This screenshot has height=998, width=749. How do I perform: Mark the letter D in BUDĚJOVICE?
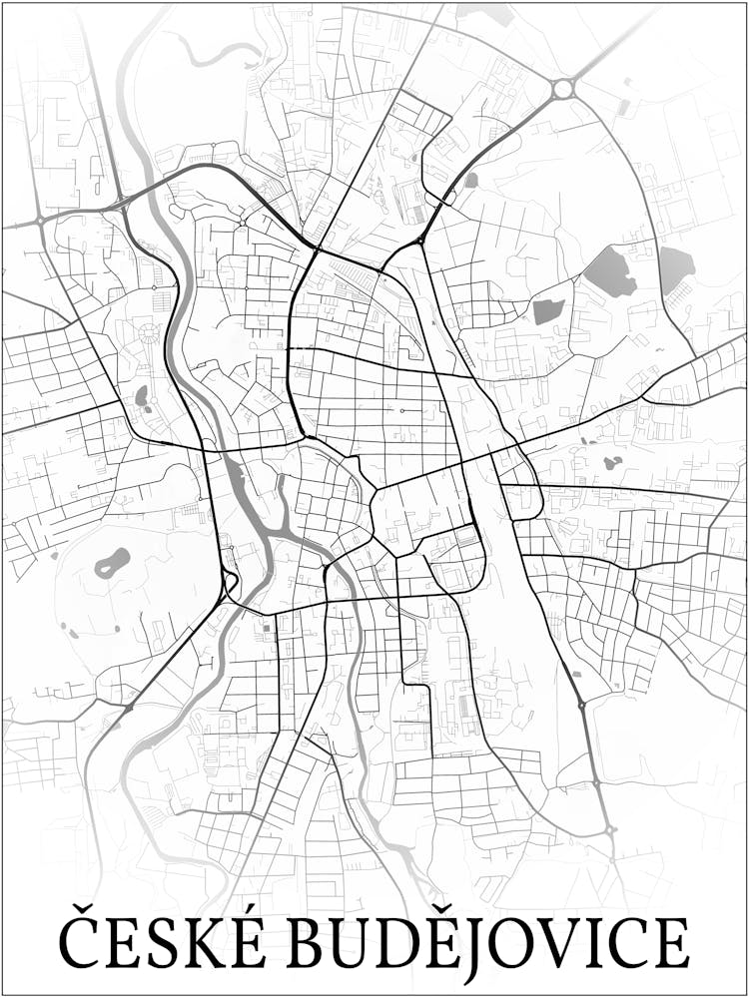[410, 941]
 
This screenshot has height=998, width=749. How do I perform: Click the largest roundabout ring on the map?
[563, 89]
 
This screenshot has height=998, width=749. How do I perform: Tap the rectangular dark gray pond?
[548, 311]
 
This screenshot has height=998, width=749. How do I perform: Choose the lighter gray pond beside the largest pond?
[676, 266]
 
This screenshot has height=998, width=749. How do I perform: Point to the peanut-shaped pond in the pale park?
[112, 563]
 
